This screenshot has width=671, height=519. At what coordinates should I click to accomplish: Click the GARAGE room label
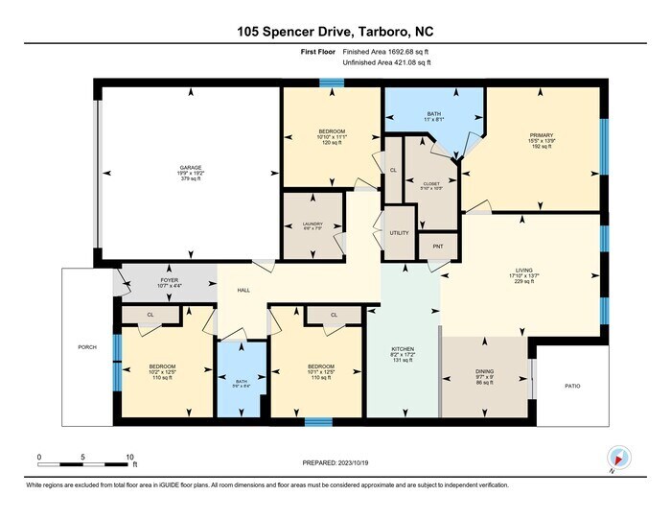coord(190,167)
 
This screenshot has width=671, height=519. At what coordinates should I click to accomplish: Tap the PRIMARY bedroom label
coord(542,135)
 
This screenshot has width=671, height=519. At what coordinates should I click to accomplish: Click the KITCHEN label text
coord(402,349)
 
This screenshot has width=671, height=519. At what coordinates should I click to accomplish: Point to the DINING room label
coord(485,371)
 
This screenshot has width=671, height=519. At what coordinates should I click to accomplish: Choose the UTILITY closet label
coord(400,233)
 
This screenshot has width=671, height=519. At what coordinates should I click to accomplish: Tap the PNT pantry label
coord(437,247)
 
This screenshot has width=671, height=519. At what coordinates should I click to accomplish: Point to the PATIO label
coord(572,387)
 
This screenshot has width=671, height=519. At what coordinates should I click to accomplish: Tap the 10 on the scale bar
coord(129,457)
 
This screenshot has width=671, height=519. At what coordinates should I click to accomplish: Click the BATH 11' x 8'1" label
coord(434,118)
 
